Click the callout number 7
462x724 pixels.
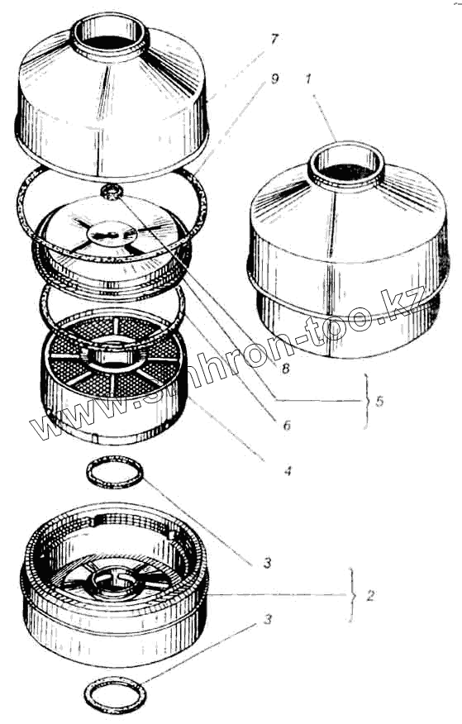tap(274, 40)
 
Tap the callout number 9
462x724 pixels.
tap(274, 79)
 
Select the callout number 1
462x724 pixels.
tap(308, 79)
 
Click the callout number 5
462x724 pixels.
tap(379, 401)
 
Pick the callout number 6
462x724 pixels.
tap(287, 425)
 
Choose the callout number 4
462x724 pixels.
tap(288, 471)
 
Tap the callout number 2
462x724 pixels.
tap(369, 596)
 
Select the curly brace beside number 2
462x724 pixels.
tap(354, 596)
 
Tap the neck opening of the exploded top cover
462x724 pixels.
tap(110, 37)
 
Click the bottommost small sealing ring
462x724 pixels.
tap(116, 694)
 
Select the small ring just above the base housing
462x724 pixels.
tap(115, 472)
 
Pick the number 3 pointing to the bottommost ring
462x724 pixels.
tap(268, 619)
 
